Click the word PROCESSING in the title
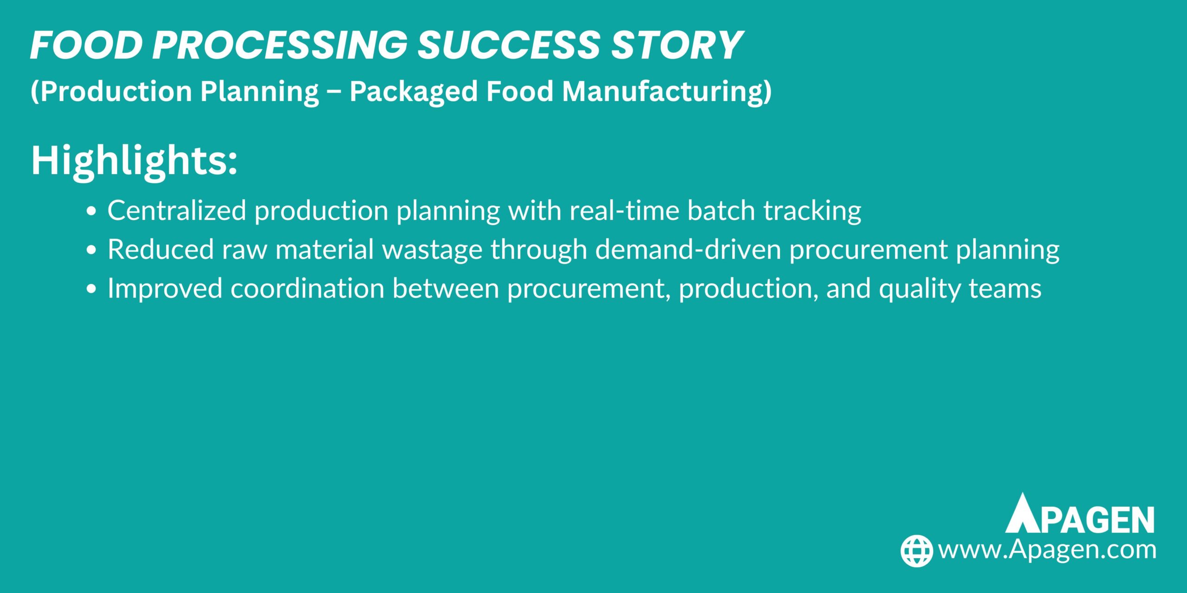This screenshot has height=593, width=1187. point(280,45)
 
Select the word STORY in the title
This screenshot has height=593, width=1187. point(677,45)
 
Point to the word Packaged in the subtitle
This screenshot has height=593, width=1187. point(413,91)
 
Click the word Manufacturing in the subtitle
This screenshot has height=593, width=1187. point(667,91)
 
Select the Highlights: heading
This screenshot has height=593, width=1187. point(134,160)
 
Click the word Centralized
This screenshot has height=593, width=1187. point(177,210)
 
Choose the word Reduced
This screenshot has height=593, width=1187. point(160,249)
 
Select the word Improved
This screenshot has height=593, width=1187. point(165,288)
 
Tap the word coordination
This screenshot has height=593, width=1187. point(307,288)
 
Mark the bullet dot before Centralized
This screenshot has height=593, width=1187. point(91,211)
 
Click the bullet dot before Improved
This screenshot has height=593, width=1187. point(91,289)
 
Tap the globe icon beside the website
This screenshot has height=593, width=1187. point(916,550)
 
